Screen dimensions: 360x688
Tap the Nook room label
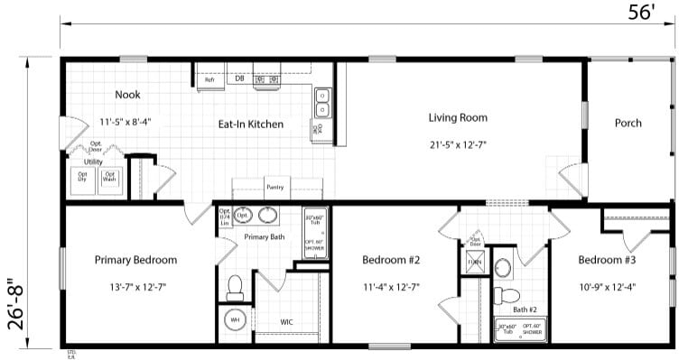pos(127,95)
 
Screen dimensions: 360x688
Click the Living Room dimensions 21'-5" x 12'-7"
pos(458,143)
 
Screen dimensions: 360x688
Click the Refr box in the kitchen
pos(209,80)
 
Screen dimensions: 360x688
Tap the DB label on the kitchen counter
pos(240,78)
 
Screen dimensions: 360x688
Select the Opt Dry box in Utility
pos(83,177)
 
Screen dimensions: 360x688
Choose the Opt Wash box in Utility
pos(110,177)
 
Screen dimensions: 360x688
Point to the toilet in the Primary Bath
pos(235,287)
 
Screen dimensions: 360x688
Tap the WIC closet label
pos(286,321)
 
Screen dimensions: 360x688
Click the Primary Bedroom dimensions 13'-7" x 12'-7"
pos(135,287)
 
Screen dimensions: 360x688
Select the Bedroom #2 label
pos(390,260)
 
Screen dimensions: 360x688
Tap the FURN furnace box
pos(475,263)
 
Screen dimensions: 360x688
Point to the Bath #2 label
pos(526,309)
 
